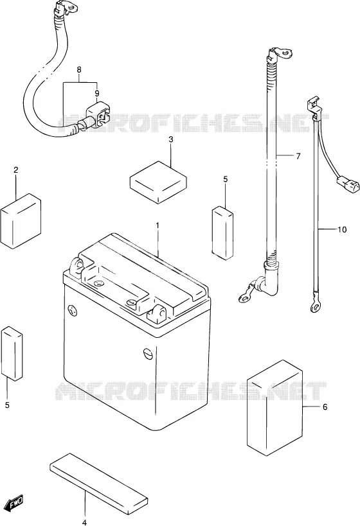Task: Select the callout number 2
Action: pyautogui.click(x=16, y=170)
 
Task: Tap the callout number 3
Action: pyautogui.click(x=171, y=139)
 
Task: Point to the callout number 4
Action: pyautogui.click(x=84, y=522)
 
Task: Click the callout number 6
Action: pyautogui.click(x=325, y=407)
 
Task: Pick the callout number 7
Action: pyautogui.click(x=298, y=156)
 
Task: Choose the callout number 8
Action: pyautogui.click(x=79, y=70)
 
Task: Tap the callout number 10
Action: pyautogui.click(x=342, y=230)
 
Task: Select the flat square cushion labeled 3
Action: pyautogui.click(x=158, y=182)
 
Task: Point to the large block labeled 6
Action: pyautogui.click(x=274, y=408)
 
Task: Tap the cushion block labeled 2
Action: pyautogui.click(x=21, y=221)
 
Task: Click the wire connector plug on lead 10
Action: pyautogui.click(x=347, y=185)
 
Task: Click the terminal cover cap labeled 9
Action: pyautogui.click(x=99, y=116)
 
